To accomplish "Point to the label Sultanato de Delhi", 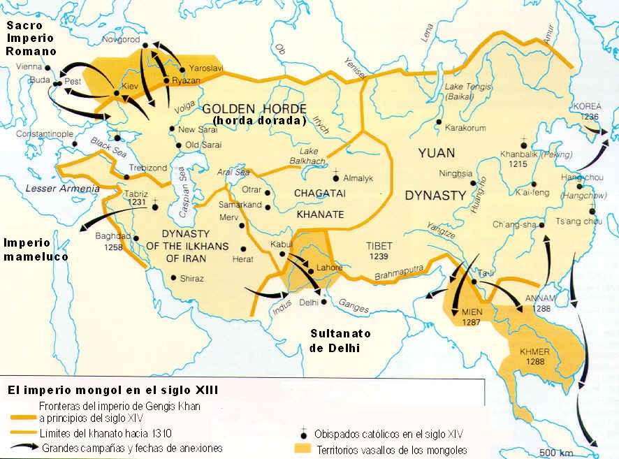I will (335, 340).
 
